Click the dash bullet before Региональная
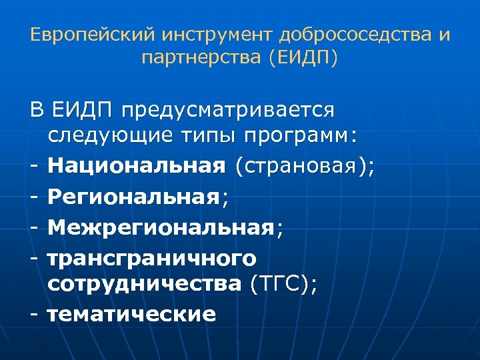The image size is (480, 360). pos(34,197)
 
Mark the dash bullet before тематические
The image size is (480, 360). pos(34,313)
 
